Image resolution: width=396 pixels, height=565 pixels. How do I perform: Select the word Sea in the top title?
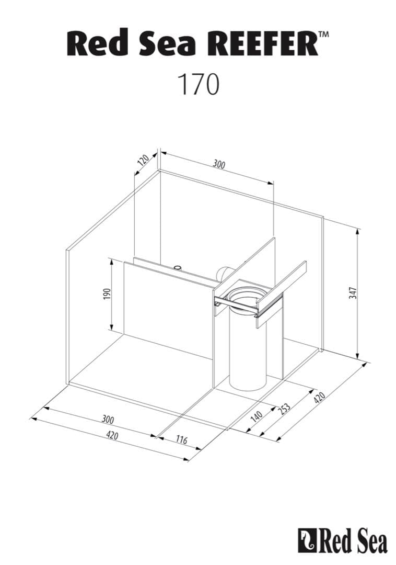[x=162, y=43]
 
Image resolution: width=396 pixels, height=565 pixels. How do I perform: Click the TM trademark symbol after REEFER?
[x=323, y=35]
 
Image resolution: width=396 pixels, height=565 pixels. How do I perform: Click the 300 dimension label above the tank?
[x=219, y=164]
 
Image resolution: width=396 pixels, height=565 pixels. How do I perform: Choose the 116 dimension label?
[x=181, y=440]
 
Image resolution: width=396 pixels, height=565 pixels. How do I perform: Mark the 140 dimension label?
[x=256, y=417]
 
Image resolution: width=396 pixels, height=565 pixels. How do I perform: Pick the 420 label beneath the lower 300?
[x=111, y=435]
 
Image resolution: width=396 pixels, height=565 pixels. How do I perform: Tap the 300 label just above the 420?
[x=108, y=419]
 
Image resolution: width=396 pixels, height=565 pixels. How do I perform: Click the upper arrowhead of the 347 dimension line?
[x=358, y=231]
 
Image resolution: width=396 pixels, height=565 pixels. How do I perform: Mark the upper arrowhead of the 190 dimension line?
[x=111, y=260]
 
